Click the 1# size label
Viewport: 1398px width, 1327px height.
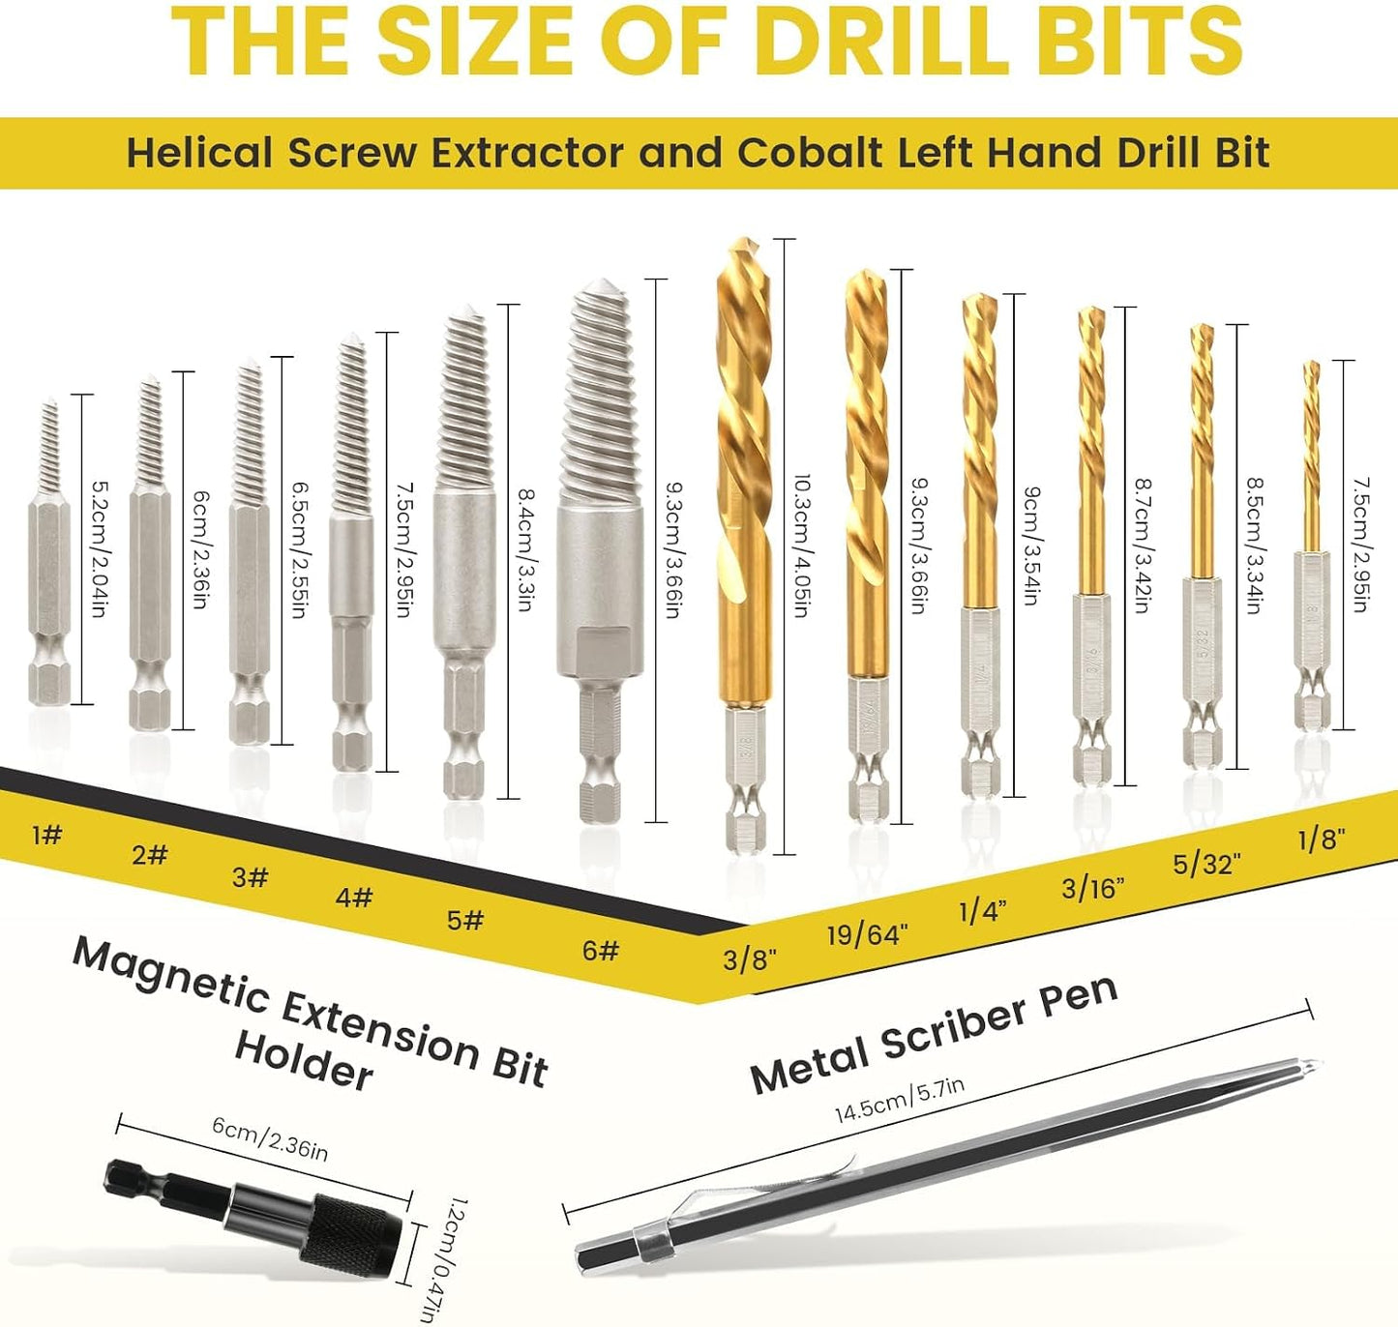pos(47,834)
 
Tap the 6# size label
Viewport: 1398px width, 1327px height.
pos(601,950)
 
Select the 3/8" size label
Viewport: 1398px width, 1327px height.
pos(750,960)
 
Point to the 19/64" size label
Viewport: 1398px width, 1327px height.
pos(868,934)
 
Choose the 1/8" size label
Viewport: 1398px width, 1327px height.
pos(1322,840)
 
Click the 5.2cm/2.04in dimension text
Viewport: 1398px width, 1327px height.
pos(100,548)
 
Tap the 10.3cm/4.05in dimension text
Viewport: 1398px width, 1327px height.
pos(801,546)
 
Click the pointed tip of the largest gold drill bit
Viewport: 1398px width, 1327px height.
pos(744,240)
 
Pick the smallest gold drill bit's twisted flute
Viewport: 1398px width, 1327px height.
pos(1313,456)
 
